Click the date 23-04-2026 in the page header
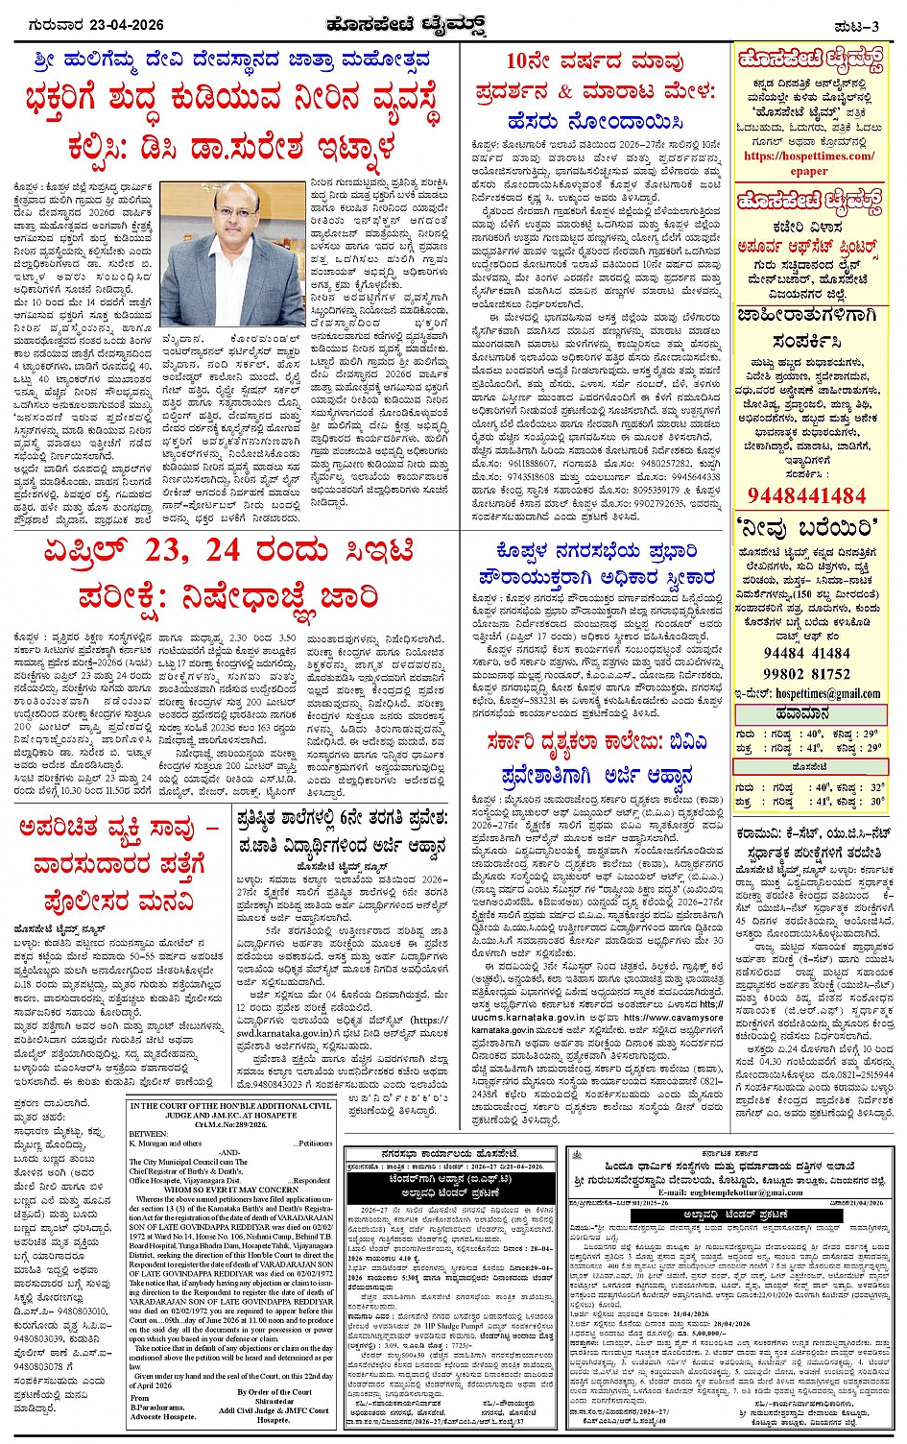tap(123, 24)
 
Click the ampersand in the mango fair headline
tap(564, 92)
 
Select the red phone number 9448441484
tap(806, 495)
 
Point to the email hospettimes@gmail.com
tap(826, 694)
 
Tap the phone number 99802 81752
tap(806, 675)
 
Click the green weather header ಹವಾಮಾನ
tap(807, 713)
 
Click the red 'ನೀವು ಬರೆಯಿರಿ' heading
tap(806, 528)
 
